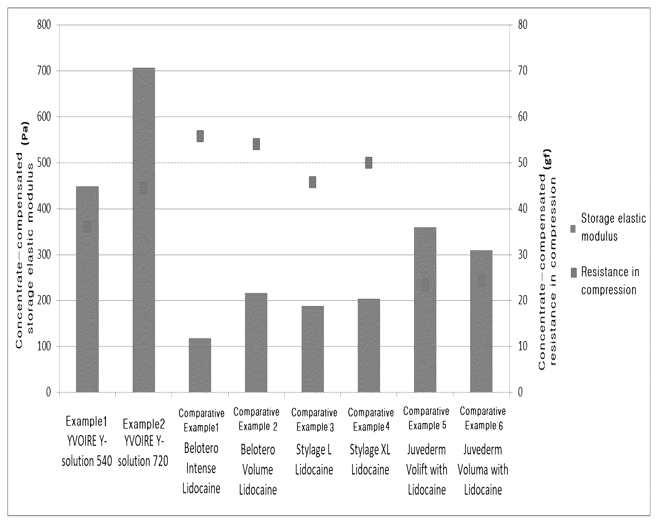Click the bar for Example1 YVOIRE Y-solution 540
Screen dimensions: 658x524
pyautogui.click(x=87, y=289)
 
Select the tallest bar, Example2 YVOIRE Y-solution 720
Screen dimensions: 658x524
pyautogui.click(x=144, y=230)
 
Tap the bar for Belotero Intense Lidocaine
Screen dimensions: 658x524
pyautogui.click(x=200, y=365)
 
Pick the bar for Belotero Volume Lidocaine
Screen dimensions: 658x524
pyautogui.click(x=256, y=343)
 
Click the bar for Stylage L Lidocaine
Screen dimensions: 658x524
pyautogui.click(x=313, y=349)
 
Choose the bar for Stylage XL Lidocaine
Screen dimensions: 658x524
pyautogui.click(x=369, y=345)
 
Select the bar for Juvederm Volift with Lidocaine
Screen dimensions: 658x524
pyautogui.click(x=425, y=310)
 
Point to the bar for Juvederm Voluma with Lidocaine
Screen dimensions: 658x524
pyautogui.click(x=481, y=321)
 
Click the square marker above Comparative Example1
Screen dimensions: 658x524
pyautogui.click(x=200, y=136)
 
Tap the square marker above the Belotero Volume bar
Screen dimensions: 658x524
pyautogui.click(x=256, y=144)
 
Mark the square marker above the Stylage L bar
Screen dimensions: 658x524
pyautogui.click(x=313, y=182)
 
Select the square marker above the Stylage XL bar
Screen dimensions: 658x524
pyautogui.click(x=369, y=163)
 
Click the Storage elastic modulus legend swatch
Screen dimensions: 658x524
pyautogui.click(x=573, y=229)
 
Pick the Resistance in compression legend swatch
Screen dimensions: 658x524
pyautogui.click(x=574, y=272)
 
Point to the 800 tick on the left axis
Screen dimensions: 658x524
pyautogui.click(x=44, y=25)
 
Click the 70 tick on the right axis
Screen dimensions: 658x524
pyautogui.click(x=523, y=71)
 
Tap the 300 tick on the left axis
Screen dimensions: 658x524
pyautogui.click(x=44, y=254)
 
